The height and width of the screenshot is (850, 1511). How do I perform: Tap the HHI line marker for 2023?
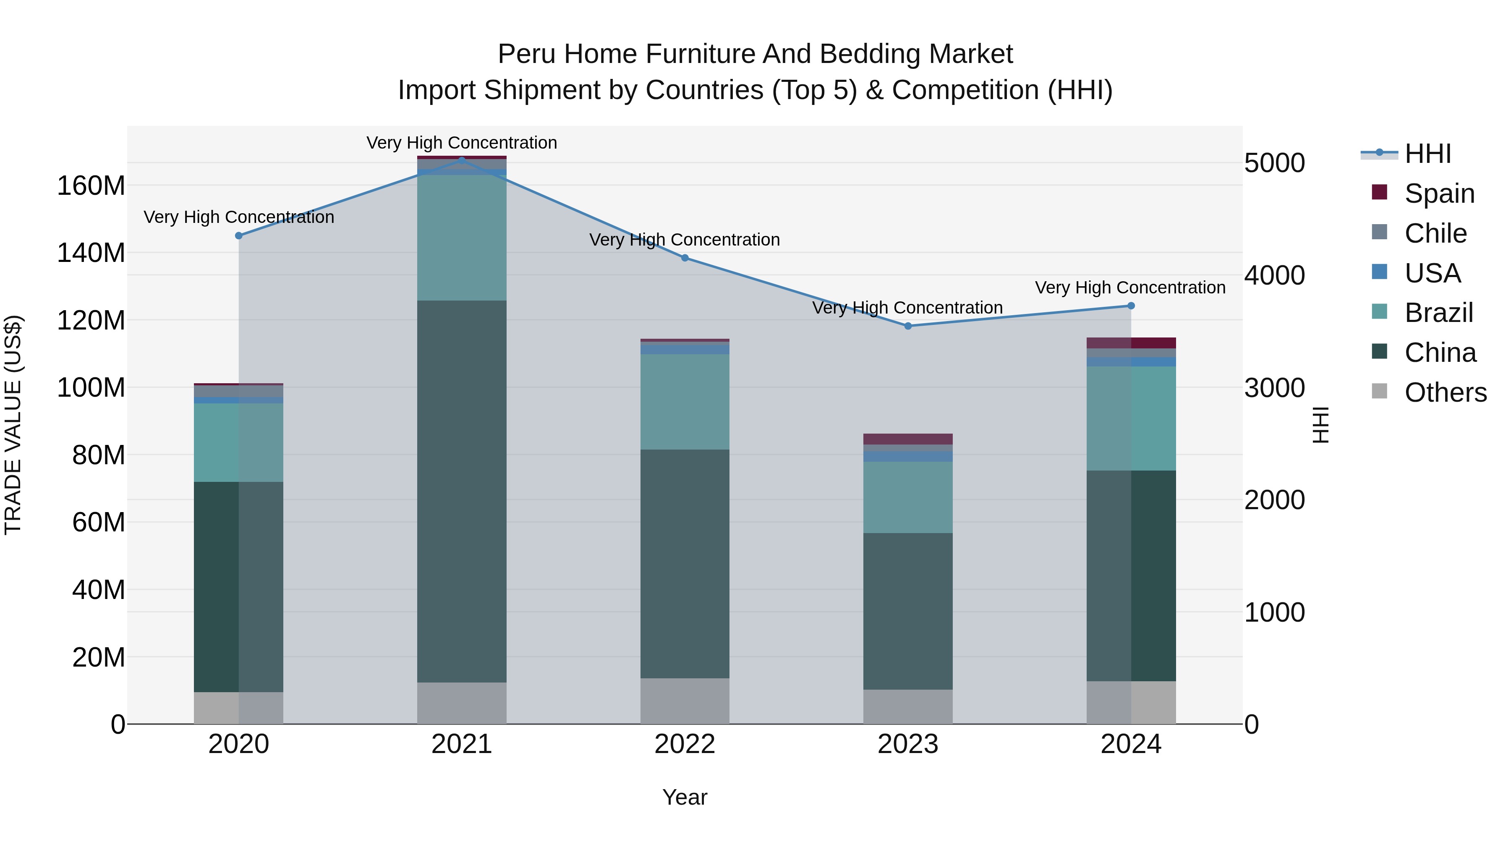908,326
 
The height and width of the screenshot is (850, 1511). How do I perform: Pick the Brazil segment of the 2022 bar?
685,402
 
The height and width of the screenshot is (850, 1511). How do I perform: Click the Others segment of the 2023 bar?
908,706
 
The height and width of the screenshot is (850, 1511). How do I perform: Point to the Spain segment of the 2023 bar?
908,439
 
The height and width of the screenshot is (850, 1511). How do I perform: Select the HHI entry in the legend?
1427,154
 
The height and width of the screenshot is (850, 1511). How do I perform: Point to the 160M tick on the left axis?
91,186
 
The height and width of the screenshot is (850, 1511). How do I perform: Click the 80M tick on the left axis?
98,455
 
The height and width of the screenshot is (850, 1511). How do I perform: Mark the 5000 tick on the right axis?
1275,163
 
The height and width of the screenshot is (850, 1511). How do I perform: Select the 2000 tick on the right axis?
1275,500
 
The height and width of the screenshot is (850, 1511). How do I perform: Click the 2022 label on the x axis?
685,744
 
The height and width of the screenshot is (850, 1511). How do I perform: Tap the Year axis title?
685,797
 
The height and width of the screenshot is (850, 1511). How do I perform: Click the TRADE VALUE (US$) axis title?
13,425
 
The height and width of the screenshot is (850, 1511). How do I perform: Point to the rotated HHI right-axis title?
1320,425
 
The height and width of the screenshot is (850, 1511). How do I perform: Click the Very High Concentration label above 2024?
1130,288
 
